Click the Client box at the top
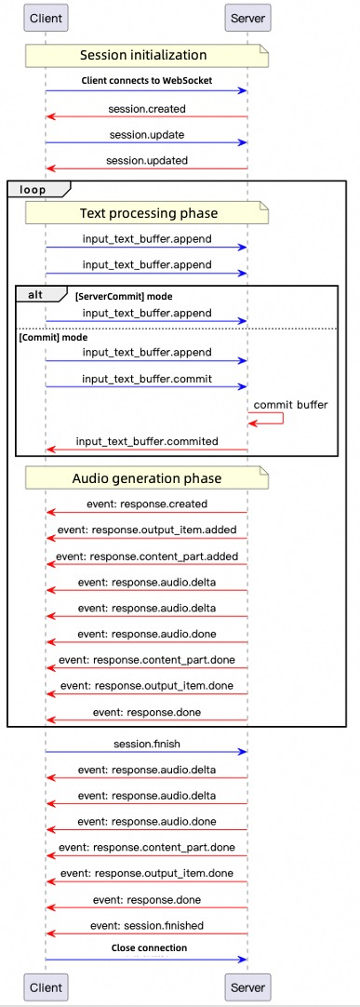point(46,18)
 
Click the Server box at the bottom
point(248,987)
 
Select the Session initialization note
point(146,56)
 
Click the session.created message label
point(147,109)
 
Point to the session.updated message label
point(147,160)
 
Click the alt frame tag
point(41,293)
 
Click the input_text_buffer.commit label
point(146,378)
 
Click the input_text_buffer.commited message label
point(147,441)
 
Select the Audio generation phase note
point(146,478)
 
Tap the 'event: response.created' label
point(147,504)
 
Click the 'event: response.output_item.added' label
point(147,530)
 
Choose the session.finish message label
point(147,744)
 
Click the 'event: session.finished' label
point(147,925)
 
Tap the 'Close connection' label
point(149,948)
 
